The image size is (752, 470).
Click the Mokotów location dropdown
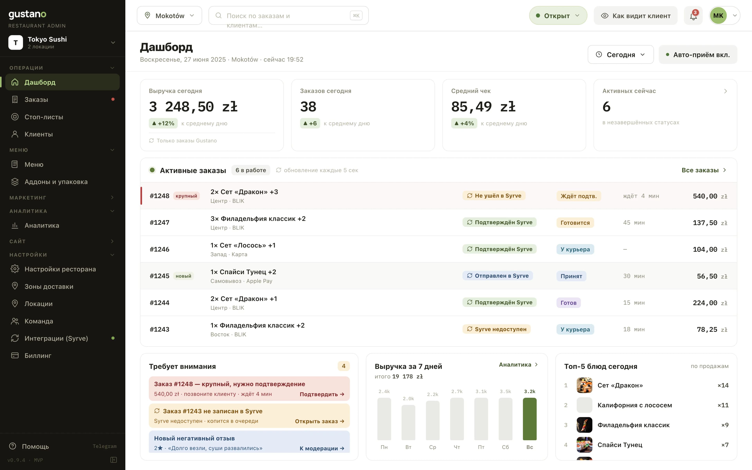pos(169,15)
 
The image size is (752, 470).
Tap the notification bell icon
pos(693,16)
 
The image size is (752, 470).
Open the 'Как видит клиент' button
pos(635,15)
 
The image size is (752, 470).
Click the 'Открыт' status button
pos(558,15)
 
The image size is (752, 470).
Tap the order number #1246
pos(159,249)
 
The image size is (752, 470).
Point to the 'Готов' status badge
pos(568,303)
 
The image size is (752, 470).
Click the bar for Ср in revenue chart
pos(433,420)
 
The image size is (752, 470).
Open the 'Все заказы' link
pos(703,170)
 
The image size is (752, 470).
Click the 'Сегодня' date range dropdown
pos(621,54)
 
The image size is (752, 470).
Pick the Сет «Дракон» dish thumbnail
pos(584,385)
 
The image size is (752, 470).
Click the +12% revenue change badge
pos(163,123)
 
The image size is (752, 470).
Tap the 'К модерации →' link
pos(322,448)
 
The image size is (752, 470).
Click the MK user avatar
pos(718,15)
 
